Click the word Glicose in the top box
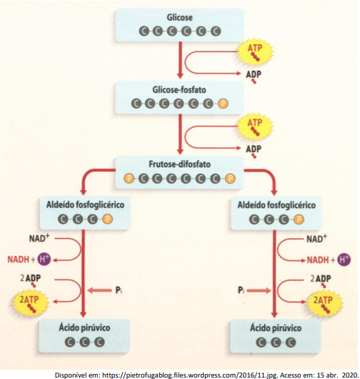(179, 17)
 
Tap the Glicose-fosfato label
(179, 89)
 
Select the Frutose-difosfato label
(179, 164)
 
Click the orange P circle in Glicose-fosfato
(223, 104)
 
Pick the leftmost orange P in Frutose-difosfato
(129, 178)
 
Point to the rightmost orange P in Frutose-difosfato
(230, 178)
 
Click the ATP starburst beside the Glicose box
(255, 51)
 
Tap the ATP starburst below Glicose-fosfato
(255, 127)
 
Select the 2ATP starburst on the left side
(30, 303)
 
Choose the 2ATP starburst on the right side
(324, 304)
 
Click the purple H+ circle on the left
(44, 259)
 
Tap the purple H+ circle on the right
(344, 260)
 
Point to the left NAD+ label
(39, 238)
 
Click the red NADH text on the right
(318, 260)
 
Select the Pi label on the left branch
(119, 290)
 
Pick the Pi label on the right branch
(241, 290)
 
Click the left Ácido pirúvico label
(84, 328)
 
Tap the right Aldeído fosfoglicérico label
(276, 205)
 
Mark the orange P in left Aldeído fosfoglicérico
(107, 220)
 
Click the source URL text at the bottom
(206, 375)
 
